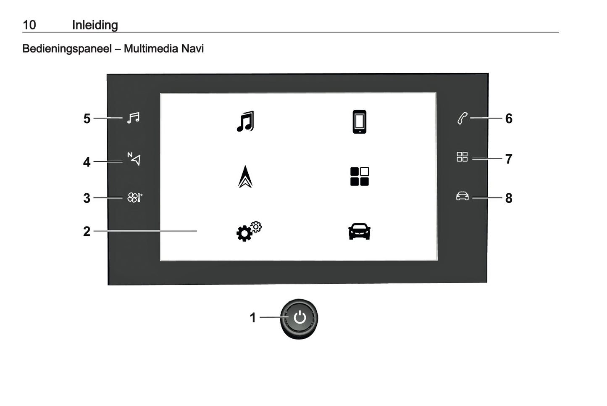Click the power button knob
click(299, 318)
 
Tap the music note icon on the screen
click(245, 121)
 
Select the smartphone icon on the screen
click(359, 122)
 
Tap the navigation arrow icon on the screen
click(245, 177)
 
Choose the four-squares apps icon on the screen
click(359, 177)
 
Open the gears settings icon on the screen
click(248, 231)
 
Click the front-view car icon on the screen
click(359, 231)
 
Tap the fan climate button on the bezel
click(134, 198)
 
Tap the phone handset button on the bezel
click(462, 119)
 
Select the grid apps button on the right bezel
click(462, 157)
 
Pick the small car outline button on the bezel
click(462, 196)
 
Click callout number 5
click(87, 119)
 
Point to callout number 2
click(87, 232)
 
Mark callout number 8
click(509, 198)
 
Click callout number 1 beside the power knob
click(252, 318)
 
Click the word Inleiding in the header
click(95, 25)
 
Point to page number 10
click(29, 25)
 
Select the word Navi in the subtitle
click(192, 49)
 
